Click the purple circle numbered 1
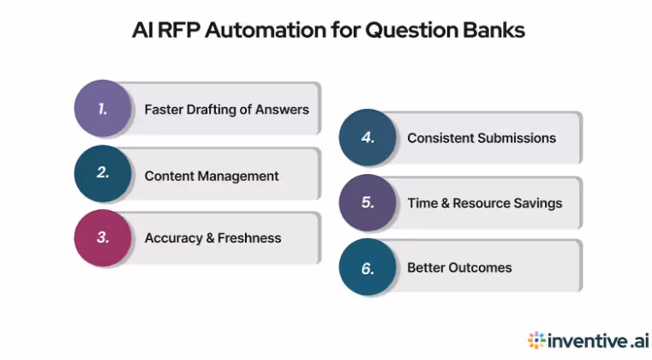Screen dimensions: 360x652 (103, 109)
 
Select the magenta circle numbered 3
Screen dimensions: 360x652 (103, 237)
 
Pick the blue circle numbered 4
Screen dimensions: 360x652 (368, 138)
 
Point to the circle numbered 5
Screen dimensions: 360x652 (368, 203)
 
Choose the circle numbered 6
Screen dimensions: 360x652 (368, 267)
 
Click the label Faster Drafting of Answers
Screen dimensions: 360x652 (226, 110)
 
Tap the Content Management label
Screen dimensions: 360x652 (212, 176)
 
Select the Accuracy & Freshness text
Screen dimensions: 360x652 (212, 238)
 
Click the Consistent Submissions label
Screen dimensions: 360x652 (481, 138)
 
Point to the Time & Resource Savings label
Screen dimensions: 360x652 (484, 203)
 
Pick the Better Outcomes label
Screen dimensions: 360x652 (459, 267)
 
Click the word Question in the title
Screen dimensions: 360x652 (408, 31)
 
